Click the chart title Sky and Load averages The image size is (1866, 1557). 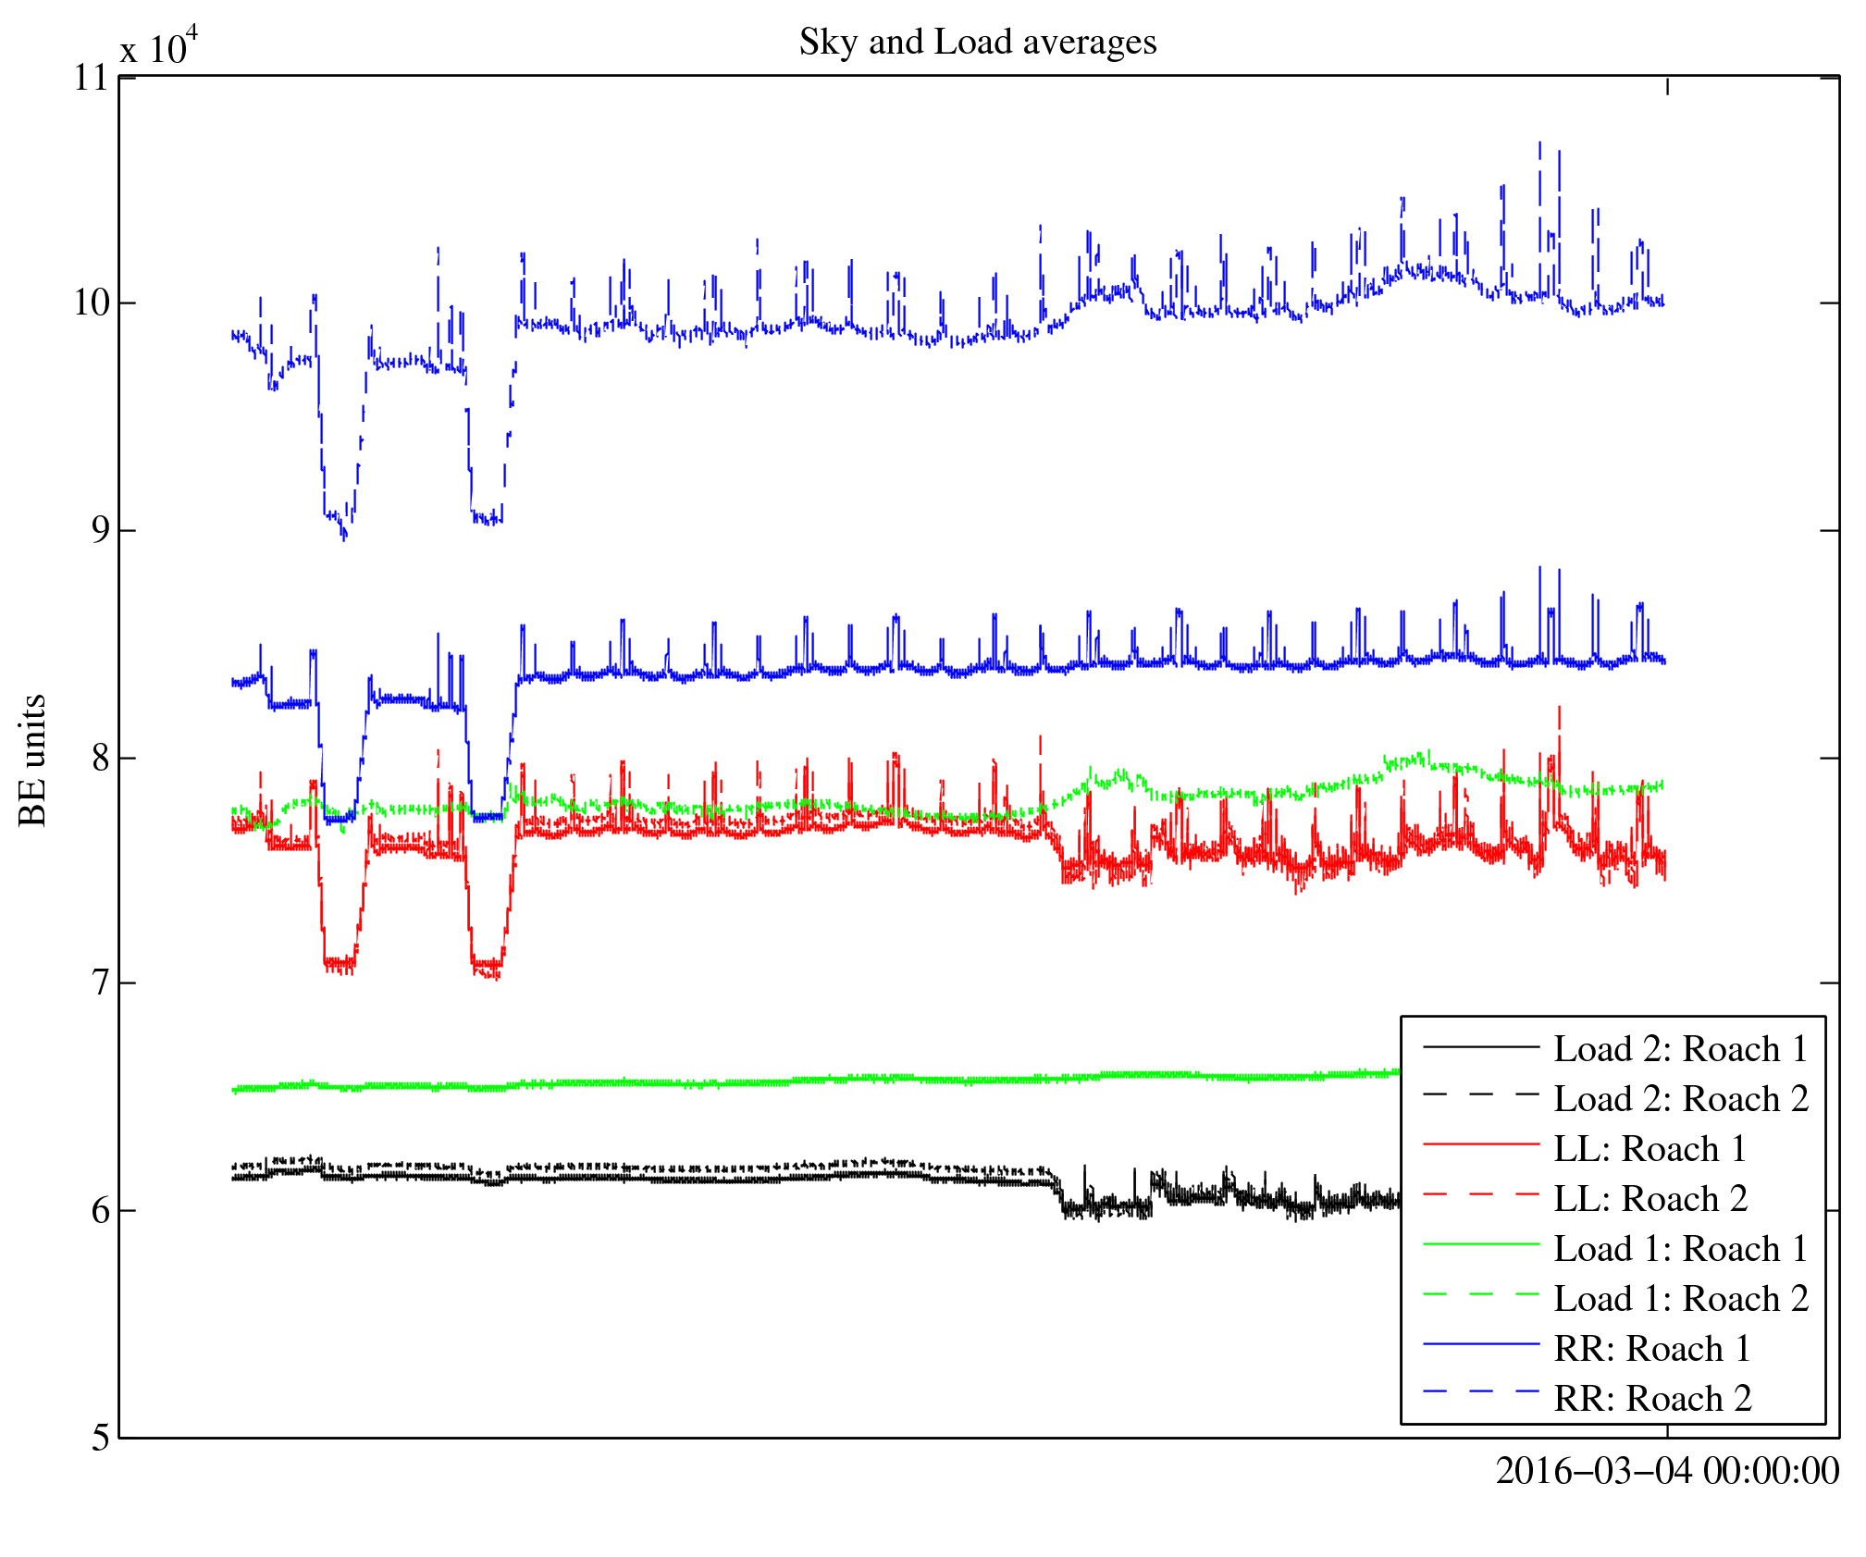coord(977,43)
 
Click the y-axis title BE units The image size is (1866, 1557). coord(32,760)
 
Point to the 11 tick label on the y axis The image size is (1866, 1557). coord(91,78)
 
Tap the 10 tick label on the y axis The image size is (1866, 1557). coord(91,303)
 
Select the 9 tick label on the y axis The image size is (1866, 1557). coord(100,530)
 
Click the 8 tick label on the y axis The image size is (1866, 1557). coord(100,758)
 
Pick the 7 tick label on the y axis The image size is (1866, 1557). coord(100,983)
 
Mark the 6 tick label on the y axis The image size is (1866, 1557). coord(100,1211)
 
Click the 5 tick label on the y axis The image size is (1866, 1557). coord(100,1438)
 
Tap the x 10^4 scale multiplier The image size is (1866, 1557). coord(158,46)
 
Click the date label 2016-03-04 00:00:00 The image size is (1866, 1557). coord(1667,1471)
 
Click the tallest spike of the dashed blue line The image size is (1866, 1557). coord(1539,143)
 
